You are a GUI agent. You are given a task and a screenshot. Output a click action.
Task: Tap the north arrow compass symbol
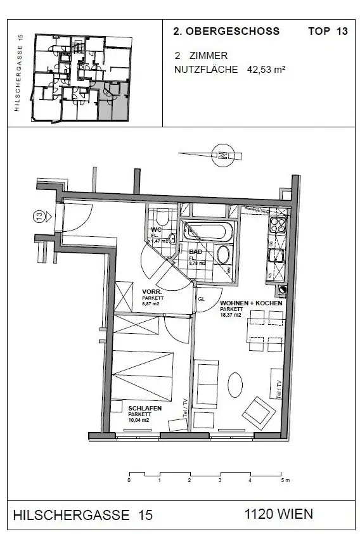pos(222,153)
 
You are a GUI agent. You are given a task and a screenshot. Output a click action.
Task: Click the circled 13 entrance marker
pos(39,217)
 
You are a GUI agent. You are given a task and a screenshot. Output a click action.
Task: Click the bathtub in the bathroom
pos(209,231)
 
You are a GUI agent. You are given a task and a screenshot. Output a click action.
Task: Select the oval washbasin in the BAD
pos(222,255)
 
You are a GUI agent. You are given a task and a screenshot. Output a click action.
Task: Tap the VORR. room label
pos(151,292)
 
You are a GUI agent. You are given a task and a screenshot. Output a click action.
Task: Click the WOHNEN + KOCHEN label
pos(250,303)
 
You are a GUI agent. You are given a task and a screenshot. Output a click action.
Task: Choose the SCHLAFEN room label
pos(145,409)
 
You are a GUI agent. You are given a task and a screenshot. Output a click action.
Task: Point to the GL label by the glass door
pos(202,298)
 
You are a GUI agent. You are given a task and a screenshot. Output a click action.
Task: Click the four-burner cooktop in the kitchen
pos(278,223)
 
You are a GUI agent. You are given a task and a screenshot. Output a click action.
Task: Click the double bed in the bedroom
pos(143,374)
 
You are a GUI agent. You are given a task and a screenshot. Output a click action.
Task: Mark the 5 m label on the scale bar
pos(285,481)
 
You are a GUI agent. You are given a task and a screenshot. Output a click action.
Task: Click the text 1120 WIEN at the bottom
pos(278,514)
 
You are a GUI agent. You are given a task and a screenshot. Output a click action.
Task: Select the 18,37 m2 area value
pos(231,315)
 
